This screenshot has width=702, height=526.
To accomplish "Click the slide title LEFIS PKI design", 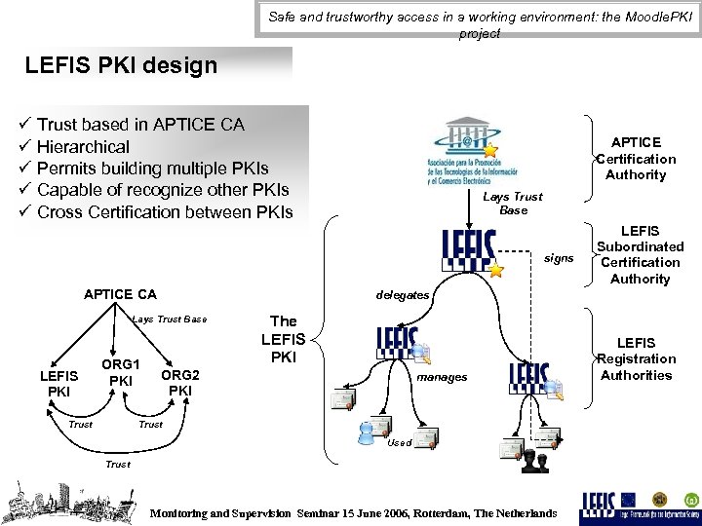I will [122, 66].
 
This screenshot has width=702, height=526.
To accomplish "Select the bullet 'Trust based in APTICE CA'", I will [140, 125].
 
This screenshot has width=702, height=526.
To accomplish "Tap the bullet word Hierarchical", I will [83, 147].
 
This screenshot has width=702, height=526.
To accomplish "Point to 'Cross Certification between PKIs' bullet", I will [165, 211].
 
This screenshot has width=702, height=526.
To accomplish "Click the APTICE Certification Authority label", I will [636, 159].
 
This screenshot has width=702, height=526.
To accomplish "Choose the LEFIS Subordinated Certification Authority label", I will [641, 255].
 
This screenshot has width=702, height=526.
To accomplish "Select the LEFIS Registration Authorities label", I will [637, 358].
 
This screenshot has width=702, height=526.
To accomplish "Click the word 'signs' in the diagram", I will [559, 258].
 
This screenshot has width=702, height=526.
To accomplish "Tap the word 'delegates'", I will [403, 295].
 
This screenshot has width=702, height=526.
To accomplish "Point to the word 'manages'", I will [442, 377].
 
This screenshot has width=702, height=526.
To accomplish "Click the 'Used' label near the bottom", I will [400, 443].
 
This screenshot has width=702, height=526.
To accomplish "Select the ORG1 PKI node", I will [120, 371].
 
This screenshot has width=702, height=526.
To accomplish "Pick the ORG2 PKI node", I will [180, 383].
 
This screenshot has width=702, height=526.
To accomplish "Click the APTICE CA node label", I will [120, 294].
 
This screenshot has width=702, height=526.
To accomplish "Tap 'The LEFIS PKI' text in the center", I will [283, 339].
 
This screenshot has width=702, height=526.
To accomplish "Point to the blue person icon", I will [368, 432].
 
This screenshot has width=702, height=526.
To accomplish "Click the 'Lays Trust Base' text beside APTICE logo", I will [513, 203].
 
